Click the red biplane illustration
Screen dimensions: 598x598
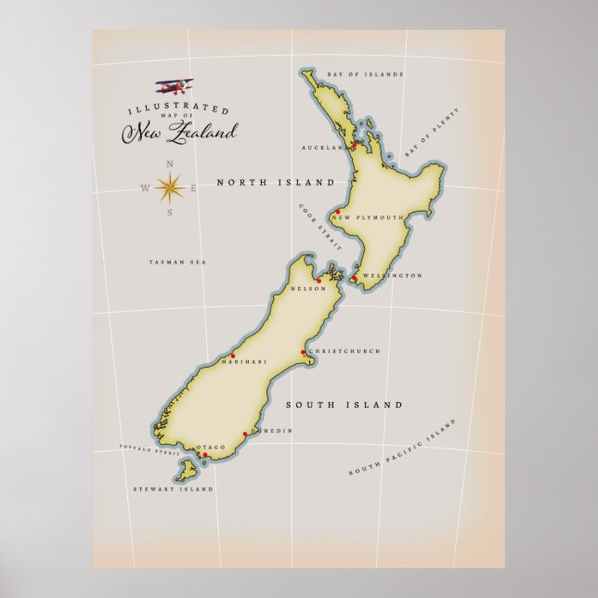[x=174, y=86]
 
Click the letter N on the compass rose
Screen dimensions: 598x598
[x=169, y=164]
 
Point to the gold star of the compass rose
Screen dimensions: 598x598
[x=169, y=188]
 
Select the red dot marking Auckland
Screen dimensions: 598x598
[x=353, y=145]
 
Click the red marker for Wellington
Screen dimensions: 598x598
[x=354, y=277]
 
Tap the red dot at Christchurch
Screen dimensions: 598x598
[x=303, y=352]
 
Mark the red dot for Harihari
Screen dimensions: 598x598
[x=233, y=356]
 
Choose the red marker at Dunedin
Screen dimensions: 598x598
[x=245, y=434]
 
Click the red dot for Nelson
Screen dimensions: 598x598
[x=318, y=280]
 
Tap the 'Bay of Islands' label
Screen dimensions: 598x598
[x=365, y=73]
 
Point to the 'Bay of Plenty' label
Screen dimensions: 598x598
[x=433, y=132]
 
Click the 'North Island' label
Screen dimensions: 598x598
[x=275, y=183]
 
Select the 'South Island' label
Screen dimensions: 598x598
[x=344, y=405]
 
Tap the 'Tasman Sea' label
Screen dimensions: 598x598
[x=177, y=263]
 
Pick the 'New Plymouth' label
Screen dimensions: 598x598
[x=368, y=217]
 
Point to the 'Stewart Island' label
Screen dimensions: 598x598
[x=174, y=488]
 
